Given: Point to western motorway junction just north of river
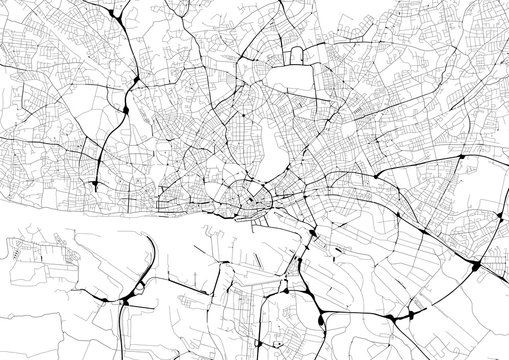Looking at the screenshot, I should tap(93, 185).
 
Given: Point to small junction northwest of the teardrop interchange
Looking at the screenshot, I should tap(286, 291).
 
